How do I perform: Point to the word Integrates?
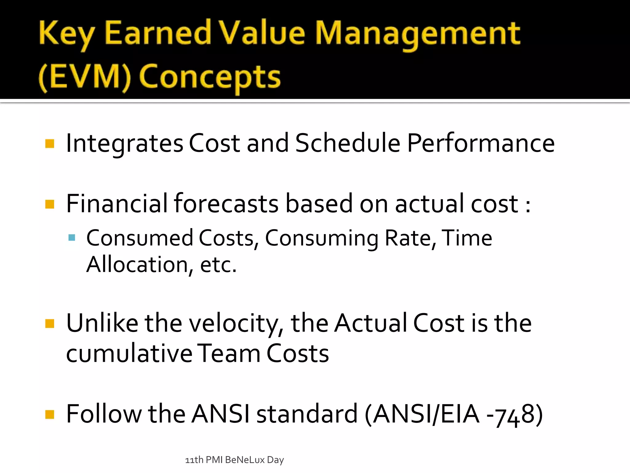[125, 144]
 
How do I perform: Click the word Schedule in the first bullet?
[348, 143]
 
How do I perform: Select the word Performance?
[481, 144]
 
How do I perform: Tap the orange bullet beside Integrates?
[50, 144]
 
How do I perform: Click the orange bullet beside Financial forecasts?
[50, 204]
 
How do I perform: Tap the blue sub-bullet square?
[72, 237]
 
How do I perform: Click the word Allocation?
[137, 265]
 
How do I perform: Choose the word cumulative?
[129, 354]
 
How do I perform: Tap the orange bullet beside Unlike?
[50, 324]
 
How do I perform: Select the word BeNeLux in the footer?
[245, 460]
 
